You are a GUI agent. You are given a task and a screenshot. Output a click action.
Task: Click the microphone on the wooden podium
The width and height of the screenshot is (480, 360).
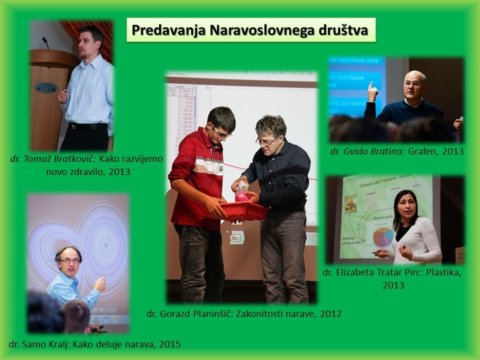click(45, 43)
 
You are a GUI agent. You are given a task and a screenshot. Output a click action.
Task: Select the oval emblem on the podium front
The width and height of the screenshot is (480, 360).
click(46, 87)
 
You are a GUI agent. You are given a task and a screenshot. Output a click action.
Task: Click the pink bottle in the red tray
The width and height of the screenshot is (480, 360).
click(242, 192)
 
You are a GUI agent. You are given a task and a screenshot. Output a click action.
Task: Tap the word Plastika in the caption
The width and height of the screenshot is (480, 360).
click(443, 272)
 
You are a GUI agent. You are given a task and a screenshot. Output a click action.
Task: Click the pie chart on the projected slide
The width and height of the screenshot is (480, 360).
click(383, 236)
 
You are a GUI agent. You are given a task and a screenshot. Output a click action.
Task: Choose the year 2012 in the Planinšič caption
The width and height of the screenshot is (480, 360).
click(330, 314)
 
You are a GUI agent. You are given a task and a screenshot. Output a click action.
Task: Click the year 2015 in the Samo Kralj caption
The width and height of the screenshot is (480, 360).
click(170, 344)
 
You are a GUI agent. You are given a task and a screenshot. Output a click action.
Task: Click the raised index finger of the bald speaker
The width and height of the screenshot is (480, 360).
click(370, 85)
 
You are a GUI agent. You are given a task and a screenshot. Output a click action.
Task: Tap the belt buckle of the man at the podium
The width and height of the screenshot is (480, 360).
click(73, 126)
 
